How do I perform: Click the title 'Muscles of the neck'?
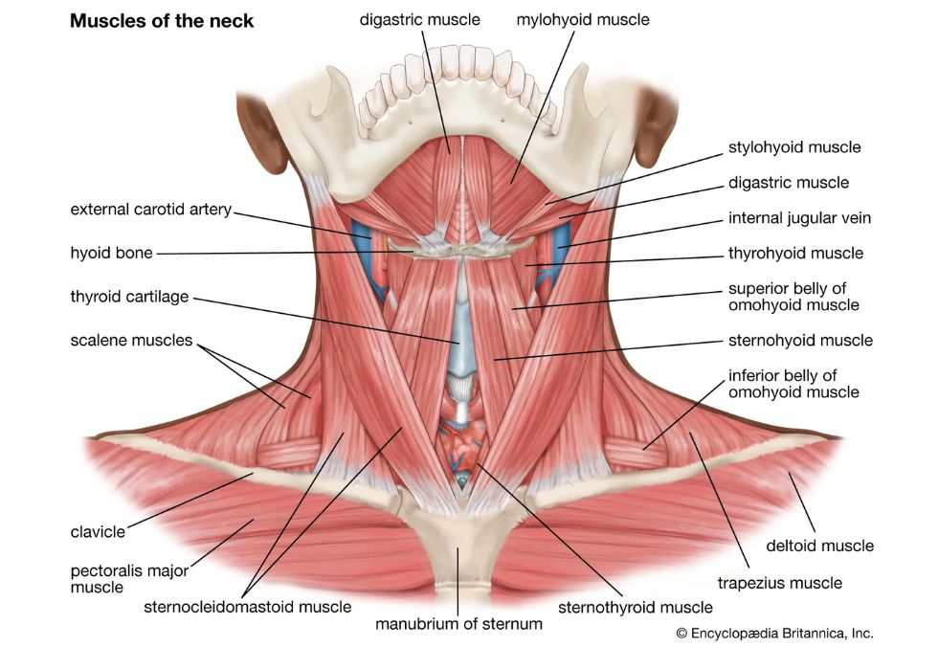click(x=162, y=21)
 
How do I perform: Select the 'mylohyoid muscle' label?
click(x=583, y=20)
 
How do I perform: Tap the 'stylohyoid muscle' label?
click(x=794, y=147)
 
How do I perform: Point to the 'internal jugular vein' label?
click(x=799, y=218)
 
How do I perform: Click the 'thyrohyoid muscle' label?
click(x=795, y=253)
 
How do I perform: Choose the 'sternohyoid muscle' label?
click(x=800, y=341)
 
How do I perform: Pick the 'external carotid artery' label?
click(x=151, y=210)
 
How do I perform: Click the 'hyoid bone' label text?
click(x=111, y=253)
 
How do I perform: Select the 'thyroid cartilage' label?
click(x=129, y=297)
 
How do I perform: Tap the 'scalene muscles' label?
click(x=132, y=341)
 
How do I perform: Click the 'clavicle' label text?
click(x=98, y=532)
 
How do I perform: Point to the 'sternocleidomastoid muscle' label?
click(x=248, y=607)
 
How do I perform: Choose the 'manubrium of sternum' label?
click(x=458, y=624)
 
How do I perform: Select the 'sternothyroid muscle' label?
click(x=636, y=608)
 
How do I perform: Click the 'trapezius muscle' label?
click(x=779, y=583)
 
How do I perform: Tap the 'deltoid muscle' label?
click(x=819, y=546)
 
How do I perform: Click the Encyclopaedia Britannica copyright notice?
click(x=774, y=633)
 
